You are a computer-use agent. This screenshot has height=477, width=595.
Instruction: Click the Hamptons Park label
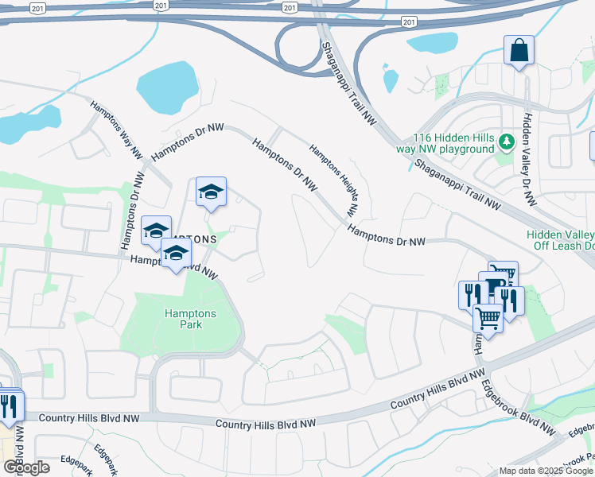[x=184, y=319]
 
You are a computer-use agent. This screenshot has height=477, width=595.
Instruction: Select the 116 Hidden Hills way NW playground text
[x=453, y=143]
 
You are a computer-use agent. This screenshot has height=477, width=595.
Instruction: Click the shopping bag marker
[x=519, y=52]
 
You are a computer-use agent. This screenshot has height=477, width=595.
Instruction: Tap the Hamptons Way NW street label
[x=116, y=128]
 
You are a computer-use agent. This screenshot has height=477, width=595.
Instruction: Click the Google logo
[x=25, y=467]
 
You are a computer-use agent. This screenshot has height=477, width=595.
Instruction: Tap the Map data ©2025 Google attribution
[x=545, y=471]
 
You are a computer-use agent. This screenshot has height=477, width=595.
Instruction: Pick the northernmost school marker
[x=211, y=192]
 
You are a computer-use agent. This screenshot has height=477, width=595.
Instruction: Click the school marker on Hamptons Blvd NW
[x=176, y=255]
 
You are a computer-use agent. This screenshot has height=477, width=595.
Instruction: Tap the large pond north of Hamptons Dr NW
[x=168, y=87]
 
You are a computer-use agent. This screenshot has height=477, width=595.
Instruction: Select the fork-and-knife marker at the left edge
[x=10, y=406]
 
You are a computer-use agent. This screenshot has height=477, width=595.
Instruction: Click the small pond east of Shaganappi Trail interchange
[x=391, y=80]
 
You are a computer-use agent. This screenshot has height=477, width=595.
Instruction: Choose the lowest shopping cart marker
[x=487, y=319]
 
